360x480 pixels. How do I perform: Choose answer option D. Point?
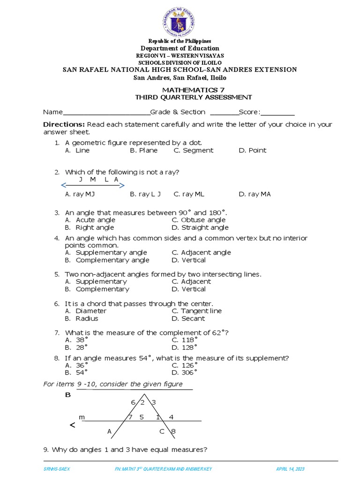(x=252, y=150)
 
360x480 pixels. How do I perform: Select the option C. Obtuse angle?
(x=198, y=220)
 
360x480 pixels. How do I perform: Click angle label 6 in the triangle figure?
(x=133, y=403)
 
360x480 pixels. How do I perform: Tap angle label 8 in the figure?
(x=173, y=432)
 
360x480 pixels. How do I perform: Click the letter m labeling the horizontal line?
(x=82, y=417)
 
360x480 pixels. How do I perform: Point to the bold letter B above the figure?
(x=67, y=395)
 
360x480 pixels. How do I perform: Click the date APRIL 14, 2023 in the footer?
(x=291, y=469)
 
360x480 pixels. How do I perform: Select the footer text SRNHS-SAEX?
(x=55, y=469)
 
